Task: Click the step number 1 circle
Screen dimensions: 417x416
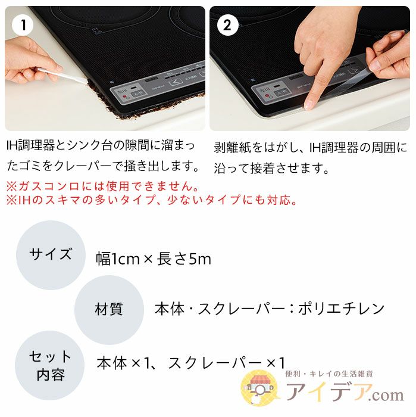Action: coord(23,26)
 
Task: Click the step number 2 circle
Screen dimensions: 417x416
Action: coord(227,26)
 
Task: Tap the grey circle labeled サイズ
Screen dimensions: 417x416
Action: coord(51,255)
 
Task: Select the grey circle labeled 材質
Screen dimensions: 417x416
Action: coord(109,309)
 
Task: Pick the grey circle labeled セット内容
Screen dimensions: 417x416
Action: coord(51,365)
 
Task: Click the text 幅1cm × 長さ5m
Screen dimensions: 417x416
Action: coord(154,259)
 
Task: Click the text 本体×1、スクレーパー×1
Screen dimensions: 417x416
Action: coord(191,362)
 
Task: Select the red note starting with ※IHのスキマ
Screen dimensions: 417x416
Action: coord(152,200)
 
